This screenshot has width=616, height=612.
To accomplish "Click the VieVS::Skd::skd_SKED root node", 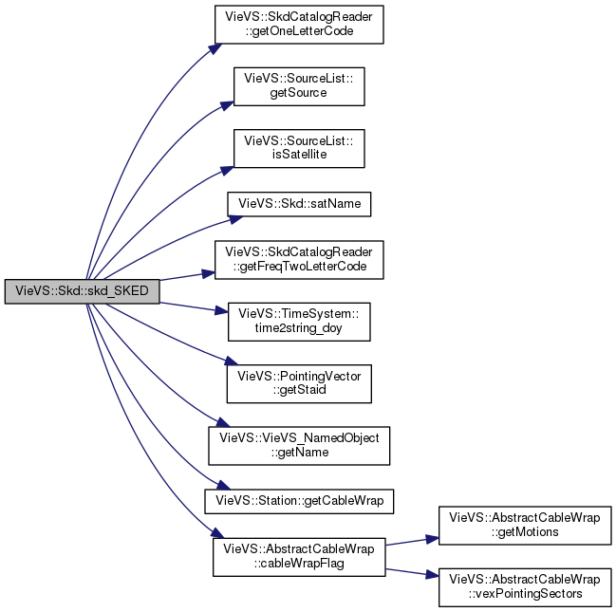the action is pyautogui.click(x=83, y=291).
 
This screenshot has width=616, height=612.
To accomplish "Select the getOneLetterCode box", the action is pyautogui.click(x=299, y=25).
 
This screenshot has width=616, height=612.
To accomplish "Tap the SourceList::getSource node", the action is pyautogui.click(x=299, y=86).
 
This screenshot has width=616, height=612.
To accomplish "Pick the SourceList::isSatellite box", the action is pyautogui.click(x=299, y=148).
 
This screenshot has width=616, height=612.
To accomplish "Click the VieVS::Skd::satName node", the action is pyautogui.click(x=299, y=204).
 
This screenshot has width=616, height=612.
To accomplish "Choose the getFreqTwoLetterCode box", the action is pyautogui.click(x=299, y=260).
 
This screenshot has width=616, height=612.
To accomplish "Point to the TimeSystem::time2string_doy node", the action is pyautogui.click(x=299, y=322).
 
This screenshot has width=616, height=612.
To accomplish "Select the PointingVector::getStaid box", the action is pyautogui.click(x=299, y=383).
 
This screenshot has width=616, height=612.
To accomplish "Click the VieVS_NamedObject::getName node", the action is pyautogui.click(x=299, y=446).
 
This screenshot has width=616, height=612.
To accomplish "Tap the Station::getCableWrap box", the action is pyautogui.click(x=299, y=501).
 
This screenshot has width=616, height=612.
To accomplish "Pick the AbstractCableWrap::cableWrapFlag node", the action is pyautogui.click(x=299, y=557).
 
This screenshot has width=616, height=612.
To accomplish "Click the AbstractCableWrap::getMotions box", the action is pyautogui.click(x=525, y=526).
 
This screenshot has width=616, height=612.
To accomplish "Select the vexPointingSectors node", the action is pyautogui.click(x=525, y=587).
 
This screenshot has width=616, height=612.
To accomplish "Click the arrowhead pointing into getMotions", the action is pyautogui.click(x=432, y=539).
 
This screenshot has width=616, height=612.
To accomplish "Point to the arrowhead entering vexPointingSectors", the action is pyautogui.click(x=432, y=575).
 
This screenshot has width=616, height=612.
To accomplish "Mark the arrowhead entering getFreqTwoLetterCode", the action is pyautogui.click(x=208, y=273).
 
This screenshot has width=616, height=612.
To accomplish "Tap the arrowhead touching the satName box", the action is pyautogui.click(x=236, y=219).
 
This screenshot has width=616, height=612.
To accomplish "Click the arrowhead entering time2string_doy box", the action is pyautogui.click(x=221, y=311).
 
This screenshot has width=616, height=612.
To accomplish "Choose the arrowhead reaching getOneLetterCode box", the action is pyautogui.click(x=215, y=48).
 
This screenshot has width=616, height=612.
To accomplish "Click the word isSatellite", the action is pyautogui.click(x=299, y=155).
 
